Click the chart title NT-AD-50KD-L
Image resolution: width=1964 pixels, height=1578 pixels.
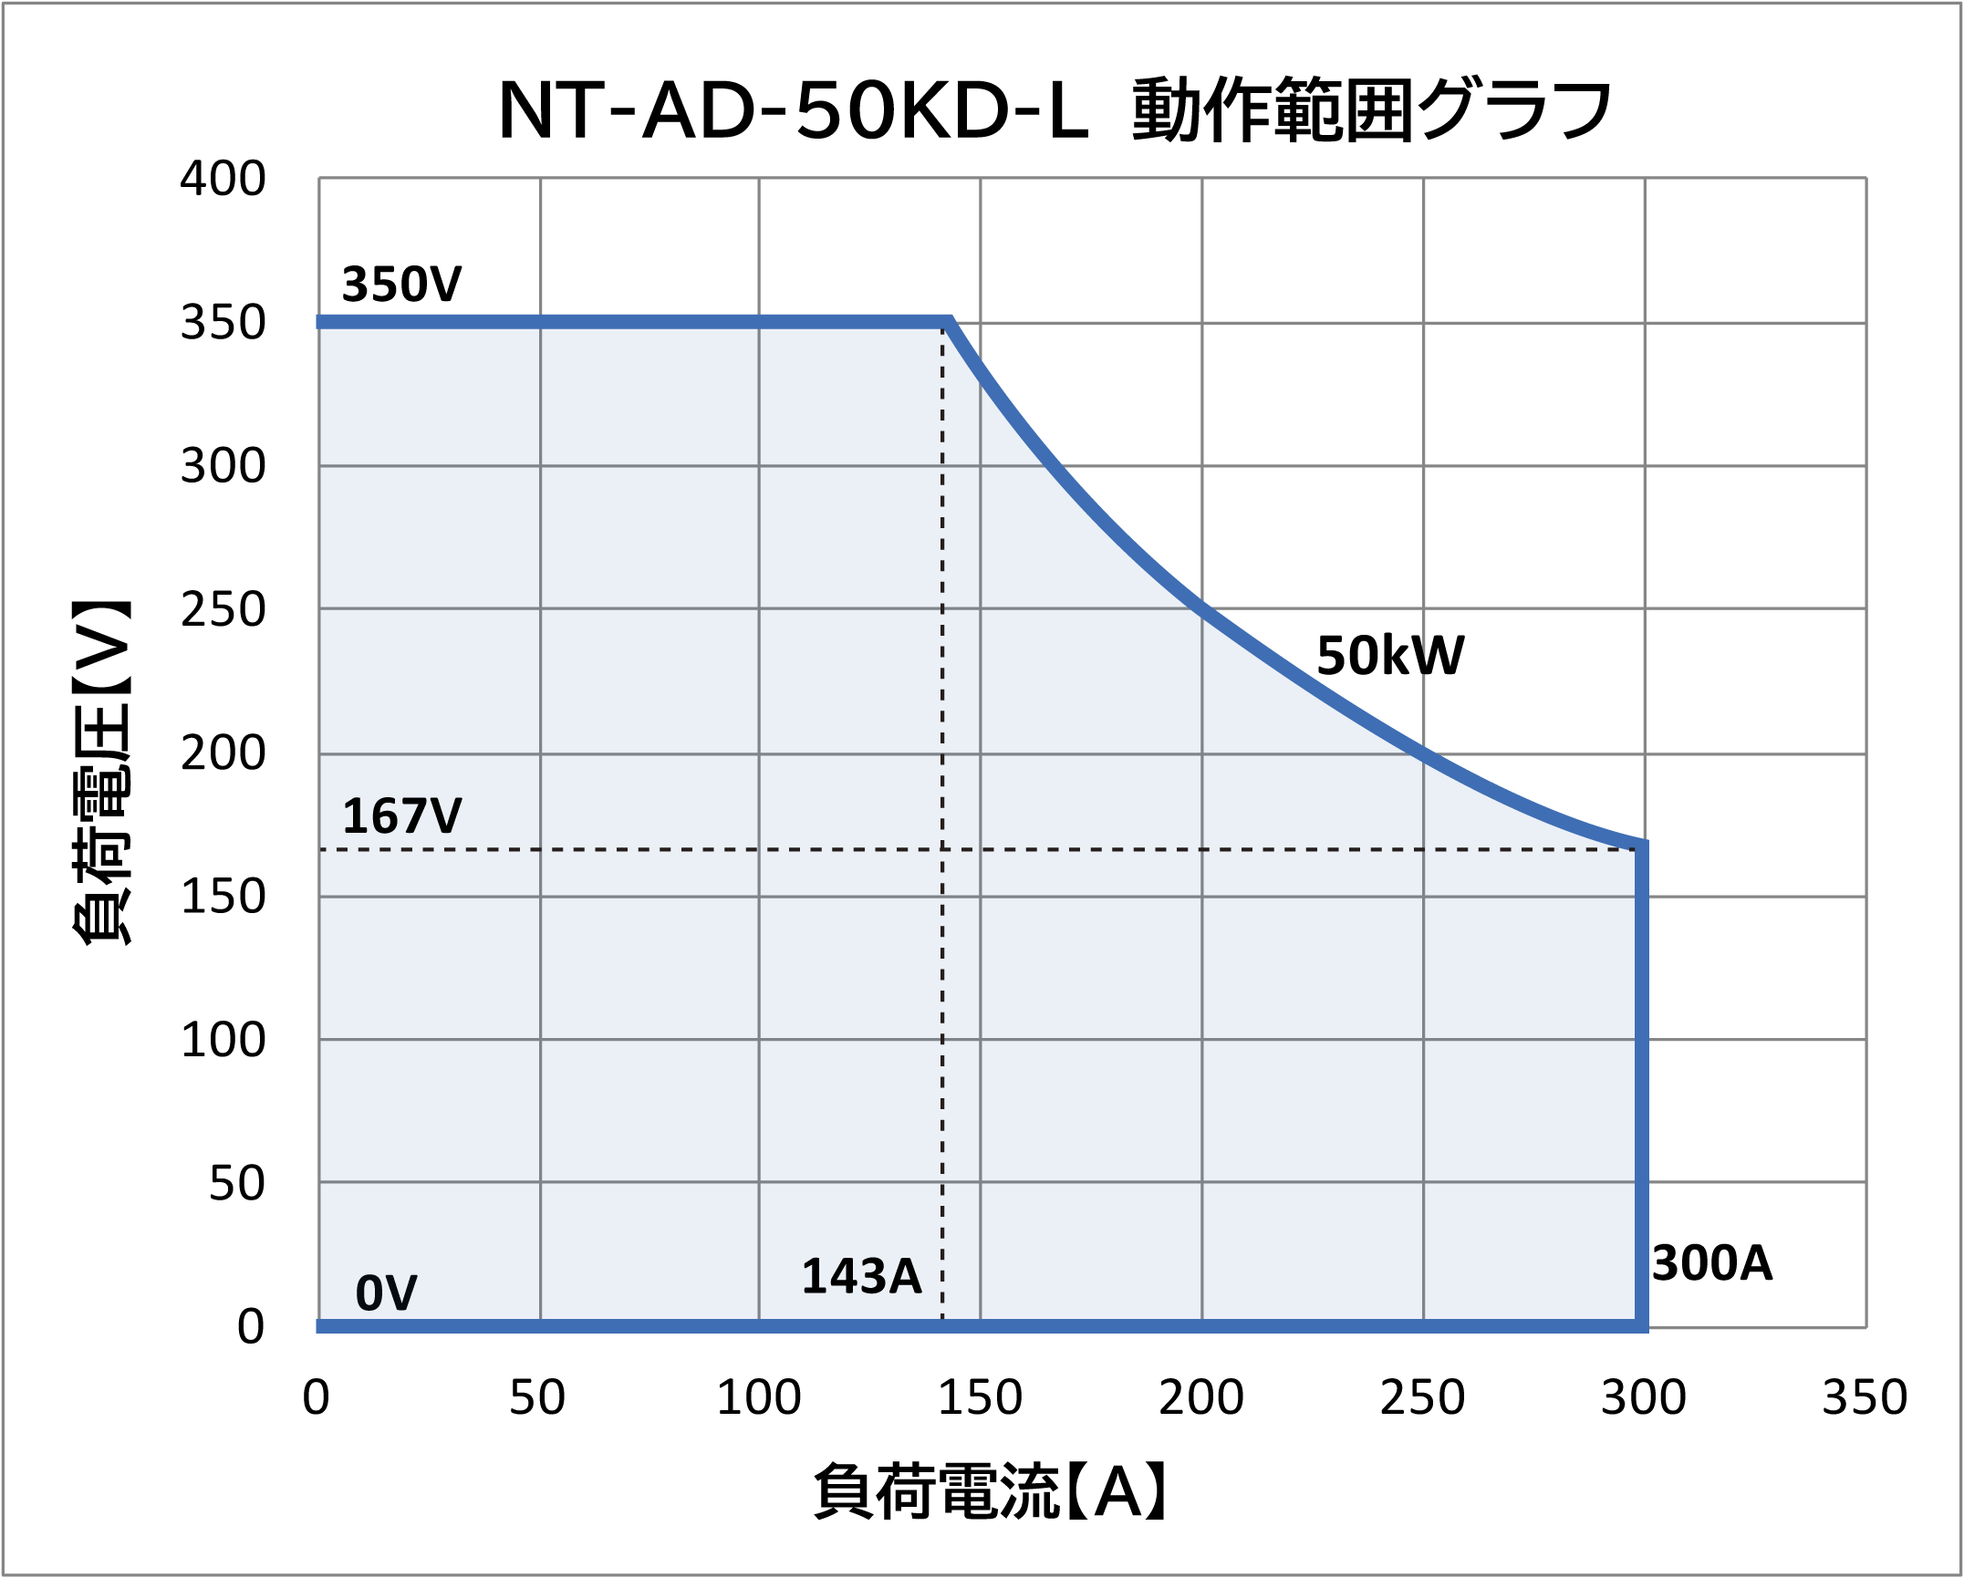coord(1055,111)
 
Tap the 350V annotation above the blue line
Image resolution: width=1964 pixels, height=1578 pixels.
coord(401,285)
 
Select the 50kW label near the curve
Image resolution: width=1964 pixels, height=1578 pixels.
coord(1390,656)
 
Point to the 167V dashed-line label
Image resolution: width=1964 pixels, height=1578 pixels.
coord(401,815)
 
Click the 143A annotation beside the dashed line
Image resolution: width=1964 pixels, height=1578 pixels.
coord(861,1276)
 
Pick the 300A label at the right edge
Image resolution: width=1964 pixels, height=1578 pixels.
coord(1712,1264)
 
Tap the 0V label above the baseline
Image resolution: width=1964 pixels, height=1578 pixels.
coord(386,1293)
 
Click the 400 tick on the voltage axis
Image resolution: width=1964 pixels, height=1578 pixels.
coord(223,180)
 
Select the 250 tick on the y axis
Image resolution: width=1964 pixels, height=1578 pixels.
coord(223,610)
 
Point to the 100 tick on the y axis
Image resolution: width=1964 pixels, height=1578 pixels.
coord(223,1040)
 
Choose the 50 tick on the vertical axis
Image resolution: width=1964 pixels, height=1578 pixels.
coord(237,1184)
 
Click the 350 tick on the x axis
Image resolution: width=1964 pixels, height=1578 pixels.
coord(1865,1397)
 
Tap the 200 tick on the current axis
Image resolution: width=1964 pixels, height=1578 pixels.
coord(1201,1397)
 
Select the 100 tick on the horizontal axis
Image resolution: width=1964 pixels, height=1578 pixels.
coord(759,1397)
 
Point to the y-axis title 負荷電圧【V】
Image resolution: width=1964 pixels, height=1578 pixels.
coord(102,773)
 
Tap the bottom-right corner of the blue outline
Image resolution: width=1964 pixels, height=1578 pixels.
coord(1641,1325)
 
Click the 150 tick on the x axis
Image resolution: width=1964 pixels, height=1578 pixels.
coord(980,1397)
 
